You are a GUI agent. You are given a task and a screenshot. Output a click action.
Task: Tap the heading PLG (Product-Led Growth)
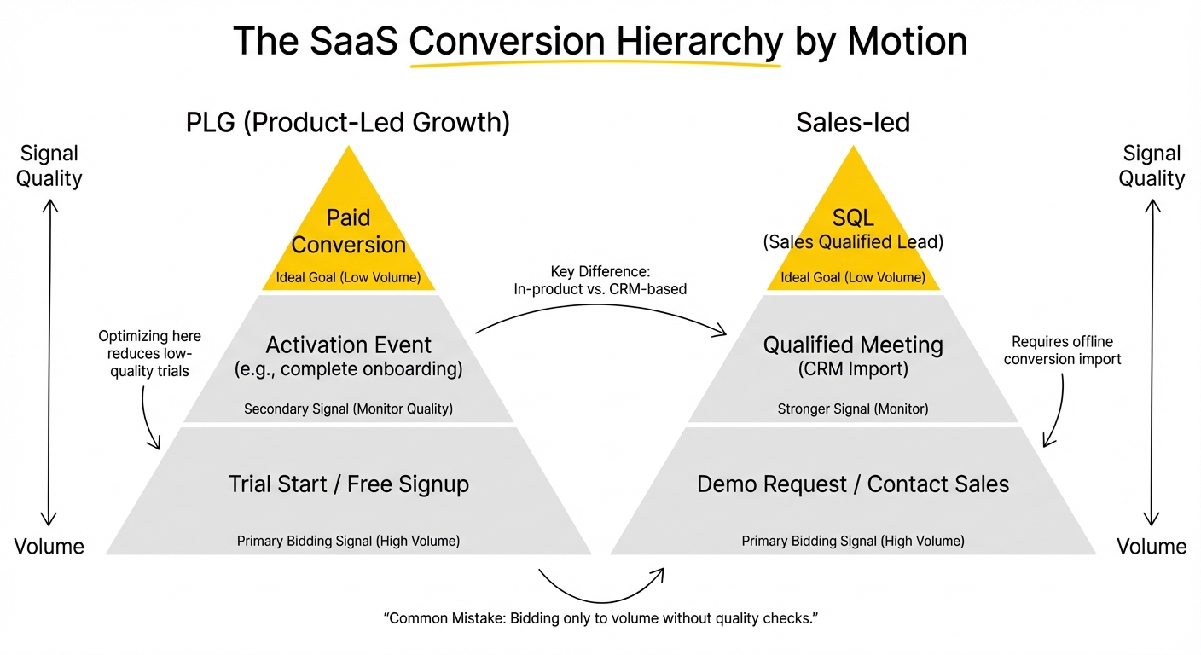click(x=348, y=123)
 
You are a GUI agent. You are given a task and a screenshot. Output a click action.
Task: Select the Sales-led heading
click(x=853, y=123)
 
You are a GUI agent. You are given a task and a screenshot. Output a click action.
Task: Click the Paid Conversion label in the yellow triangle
click(x=349, y=231)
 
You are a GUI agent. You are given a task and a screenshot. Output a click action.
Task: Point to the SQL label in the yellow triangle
click(x=853, y=218)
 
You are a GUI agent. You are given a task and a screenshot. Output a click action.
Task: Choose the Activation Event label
click(x=349, y=345)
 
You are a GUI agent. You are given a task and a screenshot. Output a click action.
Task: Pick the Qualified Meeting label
click(x=853, y=345)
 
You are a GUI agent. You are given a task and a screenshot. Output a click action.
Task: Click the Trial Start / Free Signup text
click(x=349, y=484)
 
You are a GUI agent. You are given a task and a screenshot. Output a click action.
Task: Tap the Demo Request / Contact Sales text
click(x=853, y=484)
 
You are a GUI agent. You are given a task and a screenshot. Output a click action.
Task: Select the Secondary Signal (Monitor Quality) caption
click(x=349, y=409)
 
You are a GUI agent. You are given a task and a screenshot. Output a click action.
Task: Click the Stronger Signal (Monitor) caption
click(x=853, y=409)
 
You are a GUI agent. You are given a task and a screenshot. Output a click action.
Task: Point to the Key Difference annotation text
click(x=600, y=280)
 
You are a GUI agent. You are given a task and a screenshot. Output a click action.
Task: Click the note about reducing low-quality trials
click(x=150, y=353)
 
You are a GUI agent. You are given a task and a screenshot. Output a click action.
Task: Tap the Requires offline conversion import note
click(x=1062, y=351)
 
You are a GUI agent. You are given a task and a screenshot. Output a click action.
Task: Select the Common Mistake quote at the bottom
click(x=600, y=617)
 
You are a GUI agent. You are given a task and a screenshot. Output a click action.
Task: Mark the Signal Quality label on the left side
click(x=49, y=166)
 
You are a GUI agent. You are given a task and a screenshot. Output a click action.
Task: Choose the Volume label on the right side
click(x=1152, y=547)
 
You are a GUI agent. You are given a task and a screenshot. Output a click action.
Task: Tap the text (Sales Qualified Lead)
click(x=853, y=242)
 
